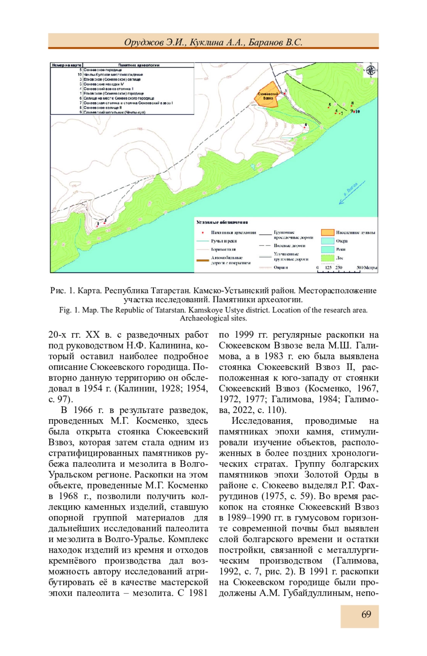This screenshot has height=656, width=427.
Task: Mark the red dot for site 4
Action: pyautogui.click(x=305, y=127)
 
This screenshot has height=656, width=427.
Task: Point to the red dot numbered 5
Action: pyautogui.click(x=329, y=107)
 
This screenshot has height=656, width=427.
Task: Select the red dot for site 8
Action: pyautogui.click(x=352, y=106)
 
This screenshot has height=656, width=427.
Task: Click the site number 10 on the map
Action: pyautogui.click(x=357, y=111)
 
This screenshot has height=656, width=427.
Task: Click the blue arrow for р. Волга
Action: pyautogui.click(x=352, y=192)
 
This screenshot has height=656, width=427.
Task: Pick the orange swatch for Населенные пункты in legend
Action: pyautogui.click(x=328, y=232)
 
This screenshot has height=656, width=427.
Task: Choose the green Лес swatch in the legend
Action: pyautogui.click(x=328, y=258)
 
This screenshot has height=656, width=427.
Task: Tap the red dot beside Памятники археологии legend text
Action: pyautogui.click(x=203, y=232)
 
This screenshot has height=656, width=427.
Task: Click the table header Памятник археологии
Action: pyautogui.click(x=139, y=65)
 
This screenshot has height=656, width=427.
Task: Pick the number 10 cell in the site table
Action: pyautogui.click(x=80, y=75)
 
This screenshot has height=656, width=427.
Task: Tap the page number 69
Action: pyautogui.click(x=366, y=614)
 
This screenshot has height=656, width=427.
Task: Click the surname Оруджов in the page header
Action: pyautogui.click(x=144, y=42)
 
